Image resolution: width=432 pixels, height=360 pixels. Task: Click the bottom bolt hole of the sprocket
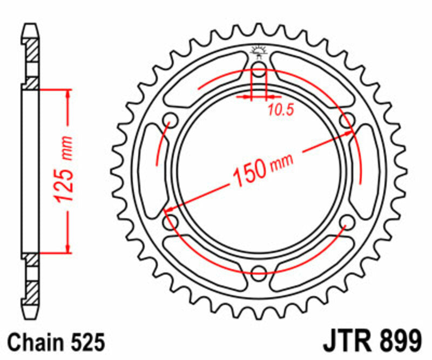(x=259, y=271)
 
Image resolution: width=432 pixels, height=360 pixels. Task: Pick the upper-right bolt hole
(x=346, y=119)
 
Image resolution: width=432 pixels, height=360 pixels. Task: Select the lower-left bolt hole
(x=172, y=221)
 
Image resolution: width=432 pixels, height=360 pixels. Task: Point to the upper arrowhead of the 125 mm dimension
(x=68, y=94)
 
